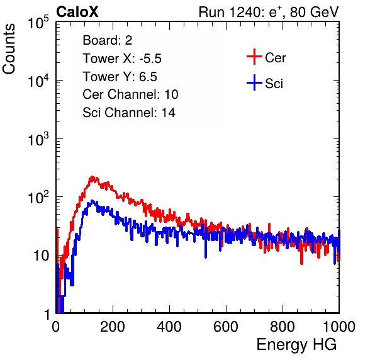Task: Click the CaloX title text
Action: click(x=77, y=12)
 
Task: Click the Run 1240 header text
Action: click(x=269, y=12)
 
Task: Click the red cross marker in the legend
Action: click(x=254, y=57)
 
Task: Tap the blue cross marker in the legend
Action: click(x=254, y=82)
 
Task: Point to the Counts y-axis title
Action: click(x=9, y=49)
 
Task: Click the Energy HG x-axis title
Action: click(x=296, y=345)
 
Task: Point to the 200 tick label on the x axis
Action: click(x=112, y=327)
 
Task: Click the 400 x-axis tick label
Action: click(x=169, y=327)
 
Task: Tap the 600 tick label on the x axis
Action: click(x=226, y=327)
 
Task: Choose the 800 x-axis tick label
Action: click(x=283, y=327)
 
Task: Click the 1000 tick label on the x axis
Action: click(x=339, y=327)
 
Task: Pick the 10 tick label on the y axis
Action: click(x=41, y=256)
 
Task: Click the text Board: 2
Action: click(x=108, y=40)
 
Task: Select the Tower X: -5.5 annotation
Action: click(x=122, y=59)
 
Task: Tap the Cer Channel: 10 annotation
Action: click(x=130, y=94)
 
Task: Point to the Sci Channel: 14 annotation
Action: click(x=129, y=113)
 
